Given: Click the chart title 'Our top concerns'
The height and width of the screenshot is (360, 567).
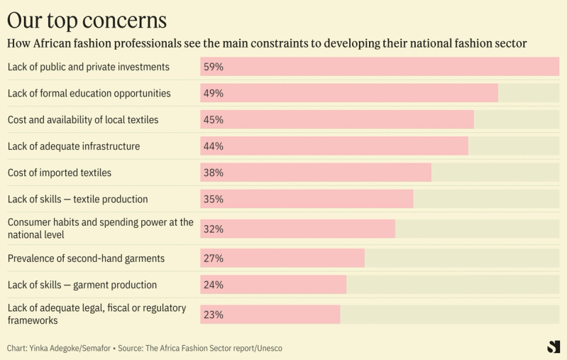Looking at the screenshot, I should [87, 19].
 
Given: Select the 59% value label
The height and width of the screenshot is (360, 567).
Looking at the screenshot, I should [214, 67].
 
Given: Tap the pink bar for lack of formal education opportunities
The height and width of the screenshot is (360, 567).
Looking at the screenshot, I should [355, 93].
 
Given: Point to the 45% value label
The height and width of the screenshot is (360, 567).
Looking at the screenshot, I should [214, 119].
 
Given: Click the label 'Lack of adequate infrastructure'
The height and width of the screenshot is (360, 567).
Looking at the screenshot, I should [74, 146].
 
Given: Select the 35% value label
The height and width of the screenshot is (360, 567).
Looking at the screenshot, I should [214, 199].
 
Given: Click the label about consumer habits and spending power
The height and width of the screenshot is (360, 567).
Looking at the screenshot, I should [100, 228].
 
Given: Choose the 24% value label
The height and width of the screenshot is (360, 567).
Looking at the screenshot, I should [214, 285].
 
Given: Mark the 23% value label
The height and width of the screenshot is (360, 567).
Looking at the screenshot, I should [214, 315].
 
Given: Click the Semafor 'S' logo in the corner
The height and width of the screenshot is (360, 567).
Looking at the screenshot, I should [554, 347].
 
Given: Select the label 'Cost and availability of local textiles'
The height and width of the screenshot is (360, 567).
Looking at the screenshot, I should [83, 119].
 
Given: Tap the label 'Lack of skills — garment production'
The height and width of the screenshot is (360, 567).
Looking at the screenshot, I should [82, 285].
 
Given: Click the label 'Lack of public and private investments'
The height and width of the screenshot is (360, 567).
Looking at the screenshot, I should [89, 67].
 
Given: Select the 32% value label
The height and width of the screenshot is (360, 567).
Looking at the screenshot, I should [214, 229].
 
